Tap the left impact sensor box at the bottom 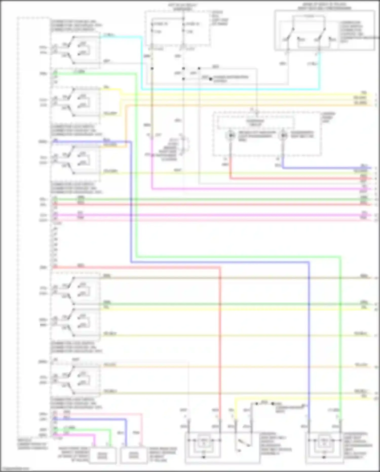click(103, 456)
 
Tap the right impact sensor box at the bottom click(134, 456)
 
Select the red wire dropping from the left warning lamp click(230, 165)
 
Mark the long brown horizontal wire click(228, 278)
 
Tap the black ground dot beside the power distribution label click(210, 79)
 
